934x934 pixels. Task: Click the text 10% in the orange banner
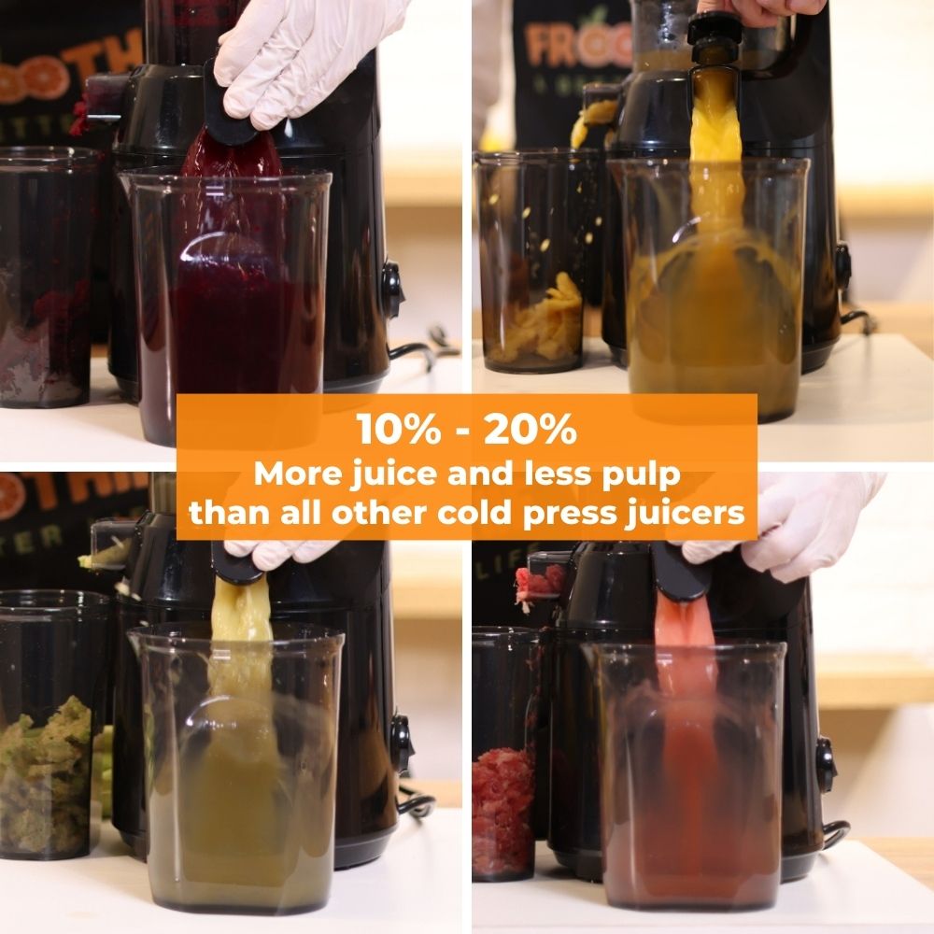pos(393,431)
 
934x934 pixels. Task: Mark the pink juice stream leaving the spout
pos(686,635)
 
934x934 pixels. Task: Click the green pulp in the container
pos(47,775)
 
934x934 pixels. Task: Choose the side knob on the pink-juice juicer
pos(826,762)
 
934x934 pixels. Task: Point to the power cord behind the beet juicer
pos(420,350)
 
